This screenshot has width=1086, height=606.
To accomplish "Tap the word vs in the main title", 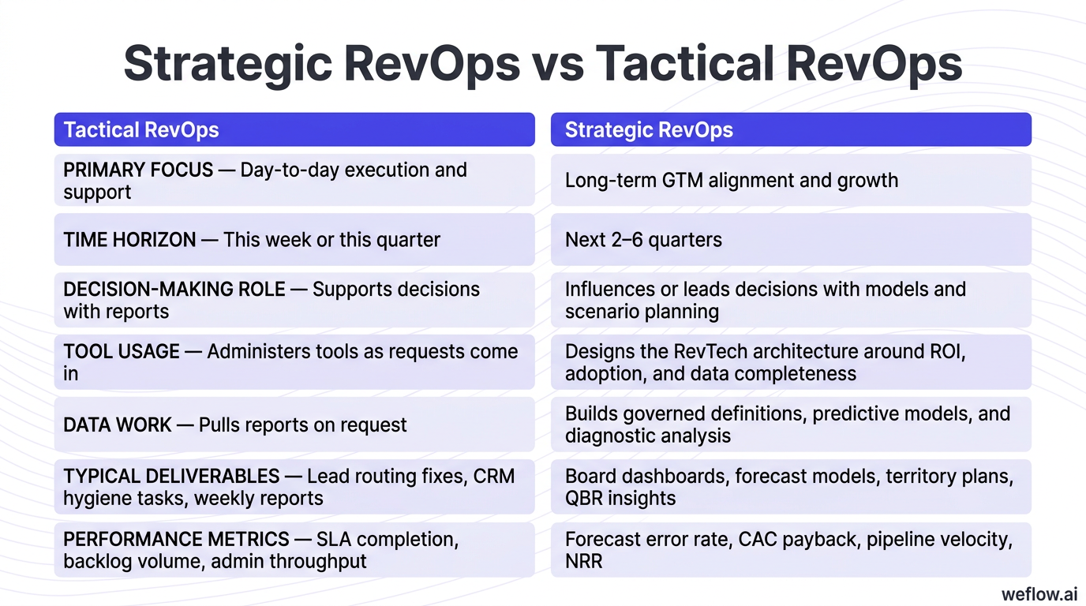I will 557,64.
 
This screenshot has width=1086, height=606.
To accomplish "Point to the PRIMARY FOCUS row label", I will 138,170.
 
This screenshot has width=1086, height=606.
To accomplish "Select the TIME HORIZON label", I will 129,240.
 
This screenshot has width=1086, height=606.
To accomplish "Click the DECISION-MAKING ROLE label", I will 174,290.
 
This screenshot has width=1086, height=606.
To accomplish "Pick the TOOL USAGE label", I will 122,352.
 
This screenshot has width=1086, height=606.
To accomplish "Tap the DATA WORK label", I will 117,425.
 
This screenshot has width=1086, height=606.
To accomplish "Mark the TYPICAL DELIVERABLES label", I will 171,477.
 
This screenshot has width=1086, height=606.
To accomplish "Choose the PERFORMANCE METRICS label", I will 176,540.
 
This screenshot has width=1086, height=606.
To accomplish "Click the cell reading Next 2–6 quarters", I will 643,240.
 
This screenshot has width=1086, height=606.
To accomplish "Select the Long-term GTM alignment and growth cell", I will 731,181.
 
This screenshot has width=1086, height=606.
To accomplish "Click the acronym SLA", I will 335,540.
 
